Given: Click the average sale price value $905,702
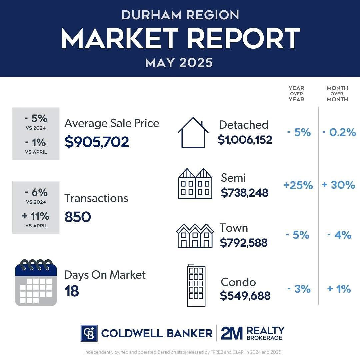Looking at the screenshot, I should pos(97,142).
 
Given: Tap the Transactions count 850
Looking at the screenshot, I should pos(77,217).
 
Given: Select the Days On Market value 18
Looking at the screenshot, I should pos(71,291).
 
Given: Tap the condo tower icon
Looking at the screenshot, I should pos(196,285).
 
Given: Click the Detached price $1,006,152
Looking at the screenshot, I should pos(245,140).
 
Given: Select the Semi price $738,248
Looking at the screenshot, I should pos(244,192).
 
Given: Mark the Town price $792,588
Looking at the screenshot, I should pos(244,243).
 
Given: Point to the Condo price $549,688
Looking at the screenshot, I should pos(245,296).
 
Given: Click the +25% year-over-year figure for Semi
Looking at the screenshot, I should pos(298,185).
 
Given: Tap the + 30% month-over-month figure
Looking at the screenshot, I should pos(338,185).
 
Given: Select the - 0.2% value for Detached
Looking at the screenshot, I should pos(339,133).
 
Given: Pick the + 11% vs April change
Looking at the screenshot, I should pos(36,216).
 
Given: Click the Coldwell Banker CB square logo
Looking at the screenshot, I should pos(89,333).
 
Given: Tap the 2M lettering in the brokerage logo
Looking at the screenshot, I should pos(232,333).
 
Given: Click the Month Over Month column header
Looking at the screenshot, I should pos(337,94).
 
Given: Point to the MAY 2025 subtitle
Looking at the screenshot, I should pos(179,63).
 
